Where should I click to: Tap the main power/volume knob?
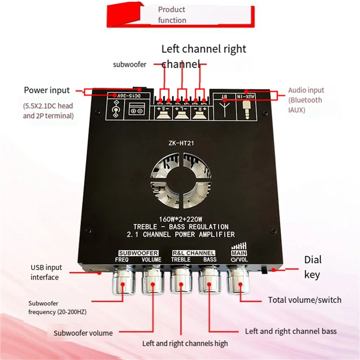[239, 281]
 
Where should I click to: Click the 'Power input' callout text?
[46, 90]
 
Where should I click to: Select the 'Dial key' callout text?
[313, 267]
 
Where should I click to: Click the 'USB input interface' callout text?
[46, 272]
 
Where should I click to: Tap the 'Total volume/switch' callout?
[304, 300]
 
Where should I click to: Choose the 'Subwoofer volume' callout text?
[83, 333]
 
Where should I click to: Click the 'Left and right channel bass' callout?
[290, 331]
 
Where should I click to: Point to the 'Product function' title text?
[172, 15]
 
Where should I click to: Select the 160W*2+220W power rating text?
[181, 219]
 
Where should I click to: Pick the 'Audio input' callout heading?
[306, 90]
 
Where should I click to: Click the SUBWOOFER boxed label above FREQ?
[138, 253]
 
